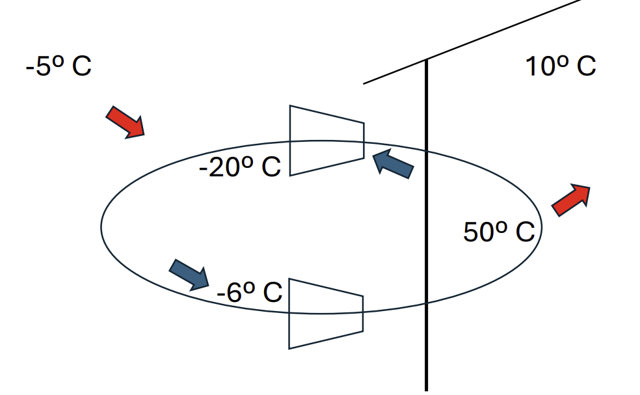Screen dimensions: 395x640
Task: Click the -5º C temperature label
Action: pyautogui.click(x=59, y=67)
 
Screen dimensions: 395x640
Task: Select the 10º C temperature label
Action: pyautogui.click(x=560, y=66)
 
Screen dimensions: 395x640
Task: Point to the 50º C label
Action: pyautogui.click(x=498, y=232)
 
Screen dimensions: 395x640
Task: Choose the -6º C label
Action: pyautogui.click(x=249, y=293)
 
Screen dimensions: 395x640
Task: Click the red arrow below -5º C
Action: pyautogui.click(x=126, y=122)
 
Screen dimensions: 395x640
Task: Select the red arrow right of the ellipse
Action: pyautogui.click(x=571, y=200)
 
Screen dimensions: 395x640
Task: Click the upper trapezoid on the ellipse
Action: pyautogui.click(x=326, y=140)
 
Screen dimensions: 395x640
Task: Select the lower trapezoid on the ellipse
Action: pyautogui.click(x=325, y=313)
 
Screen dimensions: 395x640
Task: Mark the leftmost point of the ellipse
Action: pyautogui.click(x=101, y=225)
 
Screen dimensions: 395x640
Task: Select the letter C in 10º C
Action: pyautogui.click(x=583, y=66)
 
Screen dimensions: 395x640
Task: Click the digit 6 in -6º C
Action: pyautogui.click(x=235, y=293)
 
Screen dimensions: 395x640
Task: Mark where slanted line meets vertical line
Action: pyautogui.click(x=426, y=60)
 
